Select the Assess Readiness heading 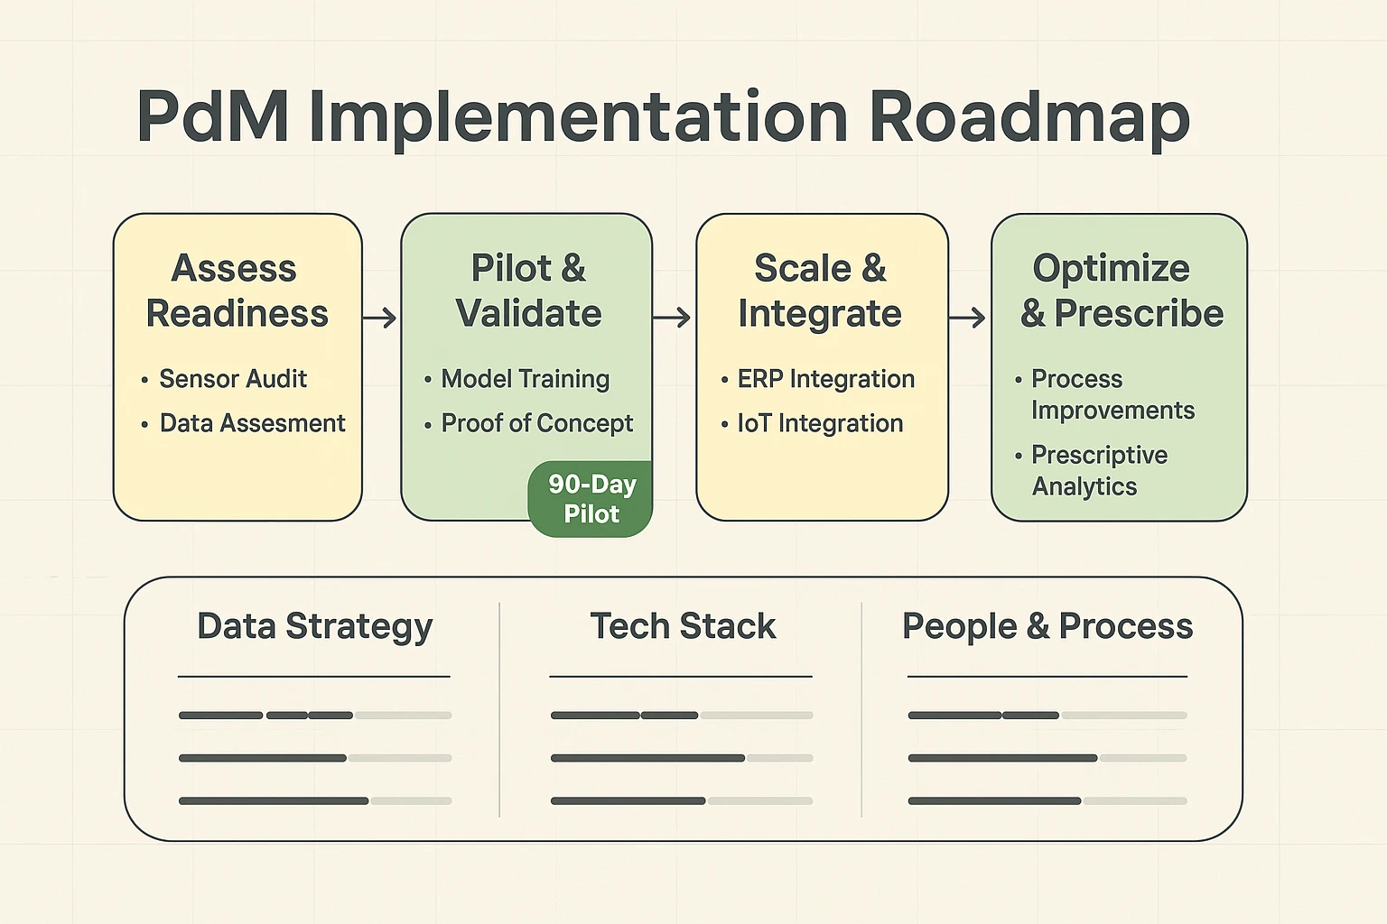237,291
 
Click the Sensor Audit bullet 233,379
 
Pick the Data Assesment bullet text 252,423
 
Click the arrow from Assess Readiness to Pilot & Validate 380,318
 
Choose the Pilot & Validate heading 528,291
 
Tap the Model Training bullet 525,379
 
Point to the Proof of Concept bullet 536,423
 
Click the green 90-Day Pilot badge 591,499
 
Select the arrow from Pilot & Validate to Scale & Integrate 673,318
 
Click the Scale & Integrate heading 820,291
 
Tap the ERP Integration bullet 825,379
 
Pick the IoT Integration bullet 820,423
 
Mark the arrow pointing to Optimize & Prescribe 968,318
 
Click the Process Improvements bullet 1112,394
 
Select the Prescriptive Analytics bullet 1099,470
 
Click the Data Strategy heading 314,626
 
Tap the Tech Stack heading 683,626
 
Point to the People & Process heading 1047,626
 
